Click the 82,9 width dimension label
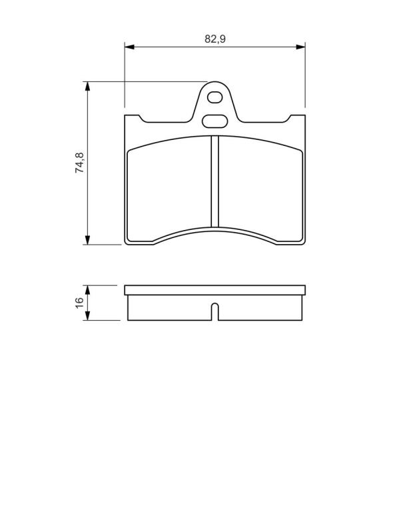coord(215,39)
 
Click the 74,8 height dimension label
coord(79,163)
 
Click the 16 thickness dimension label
coord(79,303)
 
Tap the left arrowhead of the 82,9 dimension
coord(129,47)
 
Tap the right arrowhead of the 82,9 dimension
coord(300,47)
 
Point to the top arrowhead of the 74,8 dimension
coord(87,86)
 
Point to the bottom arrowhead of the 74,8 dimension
coord(87,240)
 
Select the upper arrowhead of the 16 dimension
coord(87,290)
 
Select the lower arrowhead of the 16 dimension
coord(87,316)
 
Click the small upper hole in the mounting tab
coord(215,97)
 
